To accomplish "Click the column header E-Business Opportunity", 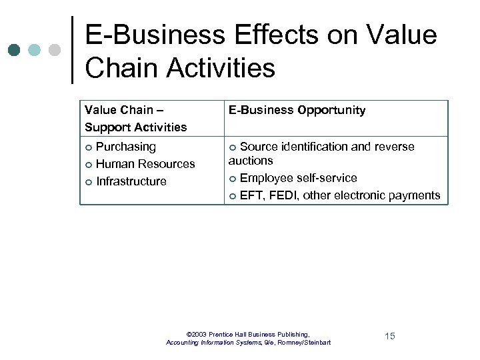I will [297, 110].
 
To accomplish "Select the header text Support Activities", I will [136, 127].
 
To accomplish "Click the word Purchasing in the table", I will [126, 147].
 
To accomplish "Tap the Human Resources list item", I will [145, 164].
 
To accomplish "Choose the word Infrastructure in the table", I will [131, 181].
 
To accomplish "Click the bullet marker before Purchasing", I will [89, 147].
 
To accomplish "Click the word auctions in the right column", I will [251, 161].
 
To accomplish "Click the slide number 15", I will [390, 336].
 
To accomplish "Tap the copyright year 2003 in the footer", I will [199, 334].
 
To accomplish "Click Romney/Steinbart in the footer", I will [305, 343].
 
